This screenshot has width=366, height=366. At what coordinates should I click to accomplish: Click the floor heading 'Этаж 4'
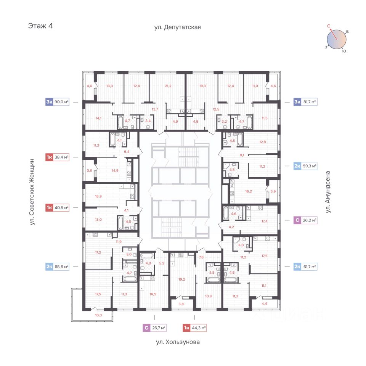40,26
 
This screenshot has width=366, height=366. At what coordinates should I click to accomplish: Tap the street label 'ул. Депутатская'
177,27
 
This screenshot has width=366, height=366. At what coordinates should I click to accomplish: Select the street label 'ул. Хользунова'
178,342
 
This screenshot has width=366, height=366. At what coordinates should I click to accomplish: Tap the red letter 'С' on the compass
328,26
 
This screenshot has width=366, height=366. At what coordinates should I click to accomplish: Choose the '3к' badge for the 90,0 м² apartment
49,102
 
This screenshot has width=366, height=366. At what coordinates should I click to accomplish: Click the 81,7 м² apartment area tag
309,102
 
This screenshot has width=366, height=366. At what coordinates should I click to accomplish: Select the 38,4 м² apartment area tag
61,157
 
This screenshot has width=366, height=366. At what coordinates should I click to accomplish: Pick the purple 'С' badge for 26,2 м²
297,220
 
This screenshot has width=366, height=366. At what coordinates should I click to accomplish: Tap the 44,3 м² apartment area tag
199,327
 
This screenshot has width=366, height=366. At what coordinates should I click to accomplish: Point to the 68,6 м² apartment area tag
61,266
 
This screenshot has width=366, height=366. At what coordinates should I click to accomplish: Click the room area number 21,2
168,86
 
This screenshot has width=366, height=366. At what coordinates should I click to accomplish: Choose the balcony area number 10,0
98,315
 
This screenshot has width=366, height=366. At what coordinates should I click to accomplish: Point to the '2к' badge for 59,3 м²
297,166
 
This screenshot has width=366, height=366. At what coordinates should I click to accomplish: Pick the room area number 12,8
262,142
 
